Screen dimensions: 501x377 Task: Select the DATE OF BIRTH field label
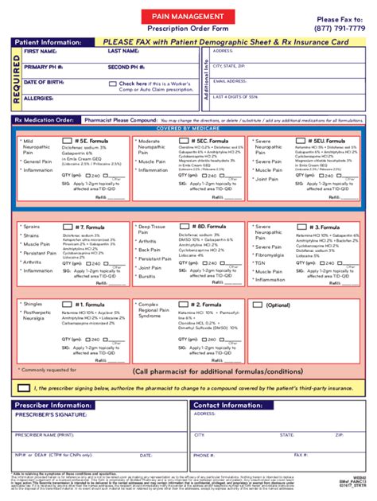42,81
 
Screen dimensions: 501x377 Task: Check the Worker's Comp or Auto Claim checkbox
112,83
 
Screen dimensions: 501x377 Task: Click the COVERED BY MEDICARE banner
188,128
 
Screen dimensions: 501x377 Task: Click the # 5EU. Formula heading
325,140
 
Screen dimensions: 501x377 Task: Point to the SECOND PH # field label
127,67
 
